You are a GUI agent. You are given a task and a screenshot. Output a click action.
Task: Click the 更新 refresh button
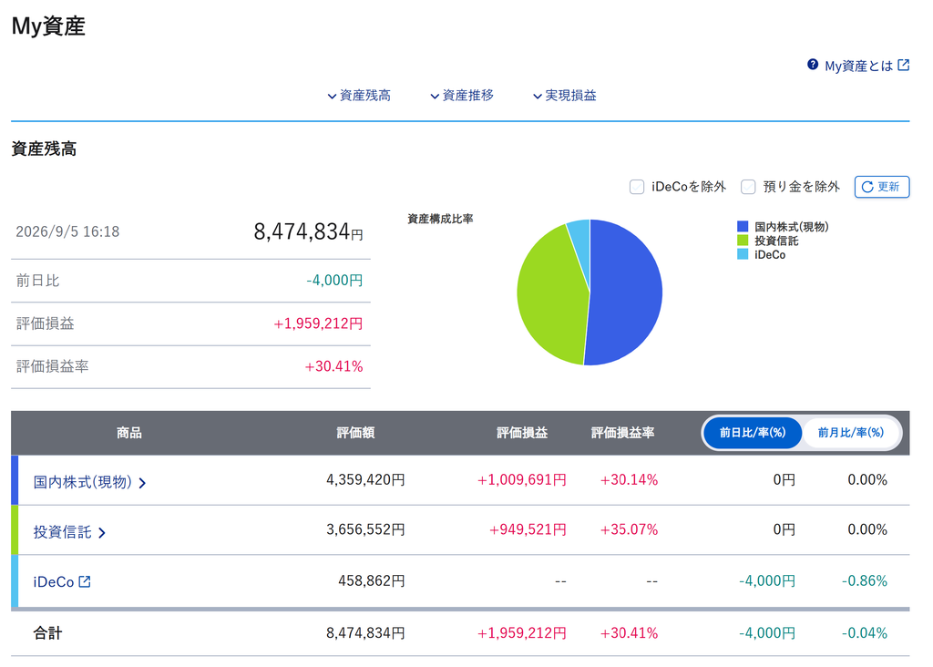(x=882, y=187)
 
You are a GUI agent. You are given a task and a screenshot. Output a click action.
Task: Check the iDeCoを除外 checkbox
(x=637, y=187)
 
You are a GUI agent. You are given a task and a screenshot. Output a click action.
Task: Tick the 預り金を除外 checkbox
(x=748, y=187)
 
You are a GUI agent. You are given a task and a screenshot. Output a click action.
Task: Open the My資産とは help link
(x=858, y=66)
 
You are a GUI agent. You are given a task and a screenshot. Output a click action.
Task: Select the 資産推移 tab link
(x=462, y=95)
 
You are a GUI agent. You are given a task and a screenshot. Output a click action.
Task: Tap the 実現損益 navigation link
(x=565, y=95)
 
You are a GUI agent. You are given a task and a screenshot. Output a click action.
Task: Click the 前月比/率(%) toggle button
(x=850, y=433)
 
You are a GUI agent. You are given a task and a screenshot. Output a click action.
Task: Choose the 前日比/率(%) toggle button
(x=753, y=433)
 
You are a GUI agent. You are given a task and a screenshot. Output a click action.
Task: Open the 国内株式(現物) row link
(x=89, y=481)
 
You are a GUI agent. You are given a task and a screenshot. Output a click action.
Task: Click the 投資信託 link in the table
(x=69, y=531)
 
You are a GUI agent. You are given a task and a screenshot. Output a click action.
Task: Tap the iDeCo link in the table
(x=62, y=581)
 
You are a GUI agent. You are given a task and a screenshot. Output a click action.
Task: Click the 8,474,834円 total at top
(x=308, y=231)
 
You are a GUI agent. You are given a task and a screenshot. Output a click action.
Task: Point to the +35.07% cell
(x=629, y=529)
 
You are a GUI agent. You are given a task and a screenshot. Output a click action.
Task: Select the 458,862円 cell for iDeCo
(x=372, y=580)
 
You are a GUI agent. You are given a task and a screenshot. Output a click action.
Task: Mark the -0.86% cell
(x=864, y=580)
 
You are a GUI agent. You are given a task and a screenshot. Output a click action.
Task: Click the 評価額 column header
(x=355, y=433)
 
